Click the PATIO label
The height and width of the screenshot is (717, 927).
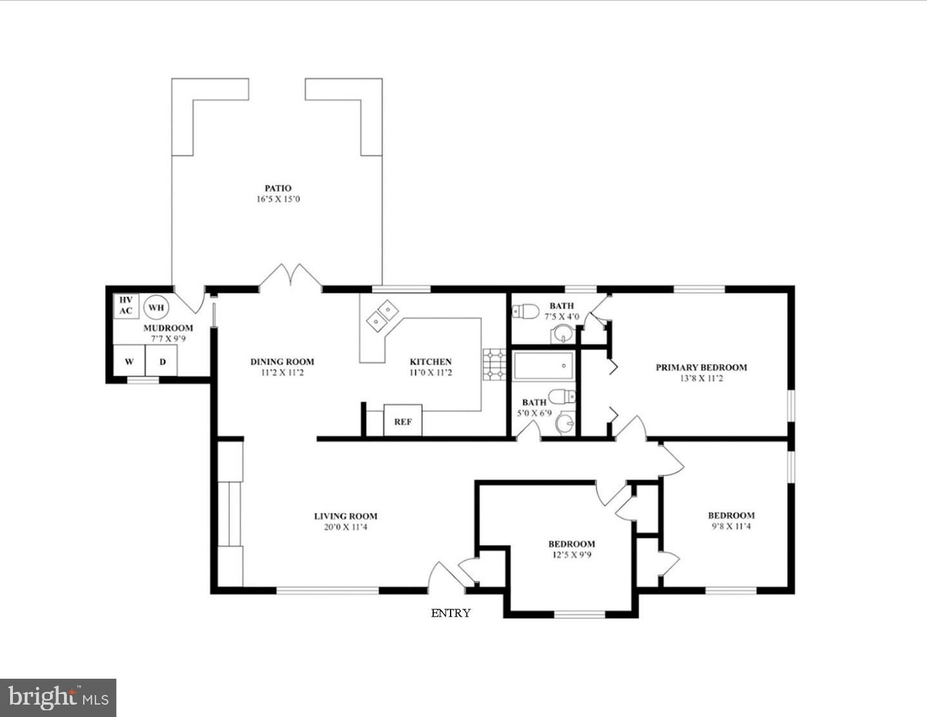pyautogui.click(x=277, y=188)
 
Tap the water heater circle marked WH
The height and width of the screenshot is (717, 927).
pyautogui.click(x=156, y=307)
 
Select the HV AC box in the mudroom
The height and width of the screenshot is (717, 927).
pyautogui.click(x=126, y=305)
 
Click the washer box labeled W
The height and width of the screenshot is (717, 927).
pyautogui.click(x=129, y=361)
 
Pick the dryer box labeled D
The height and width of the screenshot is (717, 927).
pyautogui.click(x=162, y=361)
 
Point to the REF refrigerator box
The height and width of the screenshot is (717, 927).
pyautogui.click(x=403, y=421)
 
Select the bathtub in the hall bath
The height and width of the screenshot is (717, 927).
pyautogui.click(x=543, y=366)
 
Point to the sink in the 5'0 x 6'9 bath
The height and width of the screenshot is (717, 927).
pyautogui.click(x=565, y=423)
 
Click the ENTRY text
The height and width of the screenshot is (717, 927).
pyautogui.click(x=451, y=613)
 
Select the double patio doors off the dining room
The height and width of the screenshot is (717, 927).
pyautogui.click(x=290, y=276)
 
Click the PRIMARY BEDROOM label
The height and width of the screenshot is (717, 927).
pyautogui.click(x=701, y=367)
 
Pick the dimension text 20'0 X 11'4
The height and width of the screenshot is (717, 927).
pyautogui.click(x=346, y=527)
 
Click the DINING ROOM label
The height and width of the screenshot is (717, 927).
pyautogui.click(x=282, y=361)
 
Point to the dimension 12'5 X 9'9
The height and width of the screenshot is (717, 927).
pyautogui.click(x=571, y=555)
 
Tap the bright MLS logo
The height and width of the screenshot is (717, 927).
pyautogui.click(x=58, y=698)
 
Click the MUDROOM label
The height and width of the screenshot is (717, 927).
pyautogui.click(x=168, y=328)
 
